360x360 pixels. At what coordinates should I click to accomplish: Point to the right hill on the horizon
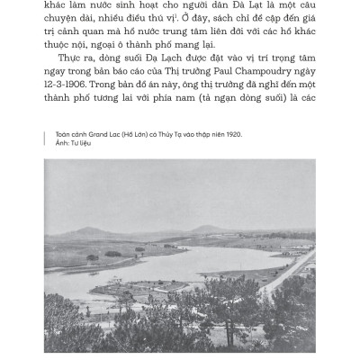click(x=209, y=229)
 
